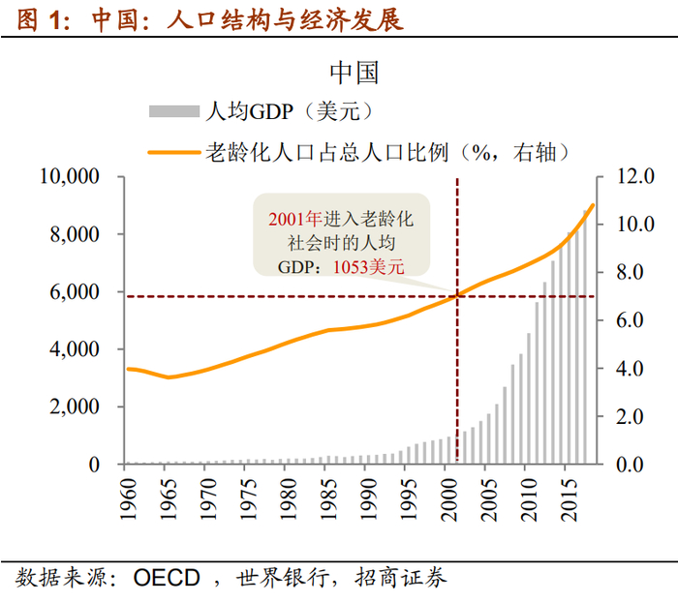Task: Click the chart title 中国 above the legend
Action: (354, 73)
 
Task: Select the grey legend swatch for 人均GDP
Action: (173, 111)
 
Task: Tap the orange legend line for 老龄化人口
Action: (173, 151)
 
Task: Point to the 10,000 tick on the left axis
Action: (70, 177)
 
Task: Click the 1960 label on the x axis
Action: (126, 499)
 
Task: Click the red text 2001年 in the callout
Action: (294, 221)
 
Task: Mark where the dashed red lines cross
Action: (457, 295)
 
